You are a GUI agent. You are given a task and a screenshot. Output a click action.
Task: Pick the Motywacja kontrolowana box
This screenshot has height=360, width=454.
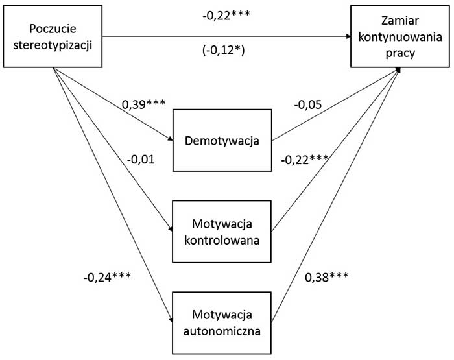tap(221, 232)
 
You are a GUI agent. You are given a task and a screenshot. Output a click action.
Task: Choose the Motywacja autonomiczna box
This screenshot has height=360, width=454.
tap(221, 322)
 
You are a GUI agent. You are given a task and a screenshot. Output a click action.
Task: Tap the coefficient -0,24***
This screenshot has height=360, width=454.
tap(107, 276)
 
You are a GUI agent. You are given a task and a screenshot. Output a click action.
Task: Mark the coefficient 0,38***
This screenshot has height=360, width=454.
tap(326, 276)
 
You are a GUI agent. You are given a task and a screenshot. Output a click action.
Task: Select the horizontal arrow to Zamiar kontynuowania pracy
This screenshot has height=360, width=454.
tap(227, 37)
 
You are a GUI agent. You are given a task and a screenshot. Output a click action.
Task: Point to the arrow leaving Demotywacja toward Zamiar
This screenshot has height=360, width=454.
tap(334, 106)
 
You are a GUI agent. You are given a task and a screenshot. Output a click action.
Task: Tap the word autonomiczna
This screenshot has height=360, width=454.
tap(221, 331)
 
